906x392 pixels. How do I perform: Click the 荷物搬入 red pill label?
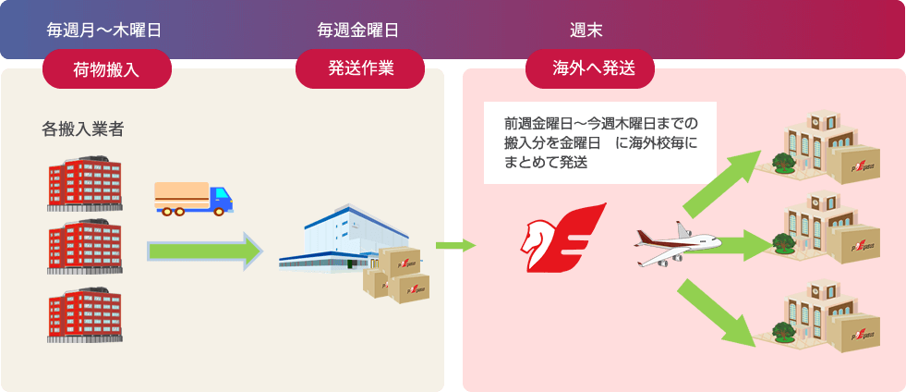[107, 69]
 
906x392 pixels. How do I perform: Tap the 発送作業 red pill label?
[360, 69]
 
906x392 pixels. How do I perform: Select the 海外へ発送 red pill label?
[590, 69]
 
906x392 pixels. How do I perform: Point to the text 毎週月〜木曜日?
[104, 31]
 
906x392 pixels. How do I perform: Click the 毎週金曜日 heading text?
[357, 31]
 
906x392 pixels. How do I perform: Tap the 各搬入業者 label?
[82, 129]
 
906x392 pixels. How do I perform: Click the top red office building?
[85, 183]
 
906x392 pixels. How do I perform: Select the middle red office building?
[85, 246]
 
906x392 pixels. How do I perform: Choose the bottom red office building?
[85, 315]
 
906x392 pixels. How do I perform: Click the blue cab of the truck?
[220, 200]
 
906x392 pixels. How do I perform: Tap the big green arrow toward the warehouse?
[206, 251]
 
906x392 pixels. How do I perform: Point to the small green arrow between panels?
[455, 246]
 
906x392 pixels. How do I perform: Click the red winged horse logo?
[562, 237]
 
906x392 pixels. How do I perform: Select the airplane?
[677, 245]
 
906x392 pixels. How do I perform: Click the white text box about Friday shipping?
[599, 142]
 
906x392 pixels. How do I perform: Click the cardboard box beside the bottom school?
[856, 333]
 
